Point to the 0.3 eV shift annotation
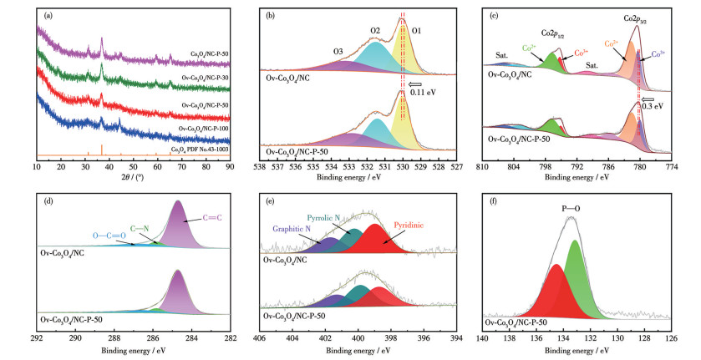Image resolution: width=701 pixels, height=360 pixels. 662,107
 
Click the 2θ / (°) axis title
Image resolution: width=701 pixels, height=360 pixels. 133,178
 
